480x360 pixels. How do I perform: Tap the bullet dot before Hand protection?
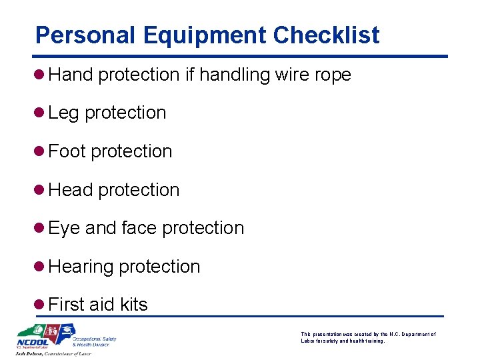click(x=41, y=75)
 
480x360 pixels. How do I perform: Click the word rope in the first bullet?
click(x=333, y=75)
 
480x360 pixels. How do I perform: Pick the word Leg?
click(x=63, y=113)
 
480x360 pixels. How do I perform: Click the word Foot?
click(x=67, y=151)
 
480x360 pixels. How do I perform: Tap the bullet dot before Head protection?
click(x=41, y=190)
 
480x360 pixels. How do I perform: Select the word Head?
click(x=70, y=190)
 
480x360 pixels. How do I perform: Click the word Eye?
click(x=64, y=228)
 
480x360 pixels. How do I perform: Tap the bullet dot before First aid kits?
click(x=41, y=305)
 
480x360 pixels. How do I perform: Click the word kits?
click(x=133, y=305)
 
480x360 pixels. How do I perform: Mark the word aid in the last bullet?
click(x=101, y=305)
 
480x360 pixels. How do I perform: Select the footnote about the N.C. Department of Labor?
click(x=368, y=337)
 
